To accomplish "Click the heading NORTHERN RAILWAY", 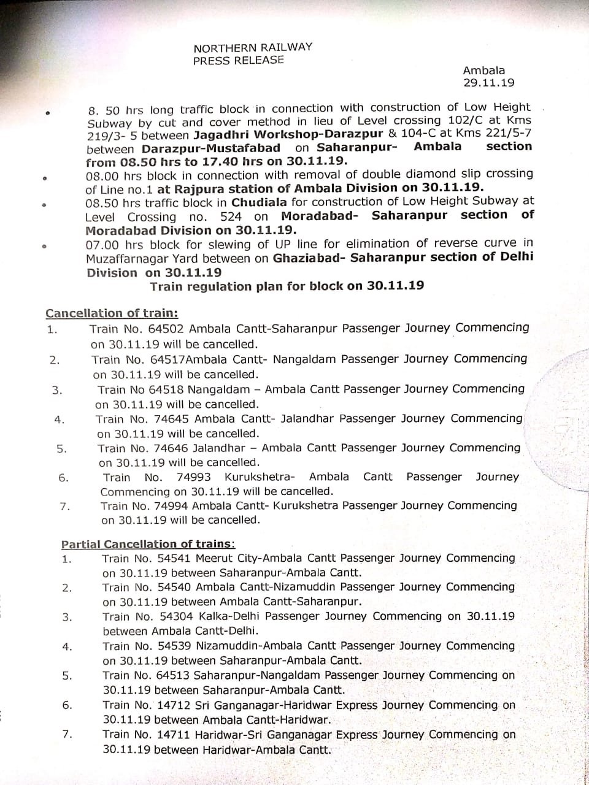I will (x=253, y=47).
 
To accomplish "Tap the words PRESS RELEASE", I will (x=239, y=60).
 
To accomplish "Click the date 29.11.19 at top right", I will (x=488, y=82).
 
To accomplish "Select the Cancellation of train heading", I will (x=112, y=313).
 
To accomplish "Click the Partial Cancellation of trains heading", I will (x=147, y=544).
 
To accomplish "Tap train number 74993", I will (x=193, y=477).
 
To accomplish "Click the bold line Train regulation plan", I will (x=287, y=286).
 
